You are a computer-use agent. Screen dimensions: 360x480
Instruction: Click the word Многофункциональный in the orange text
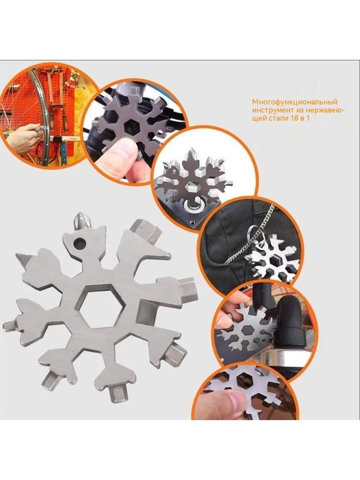pyautogui.click(x=295, y=102)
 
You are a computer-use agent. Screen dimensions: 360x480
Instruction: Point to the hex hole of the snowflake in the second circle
pyautogui.click(x=132, y=126)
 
